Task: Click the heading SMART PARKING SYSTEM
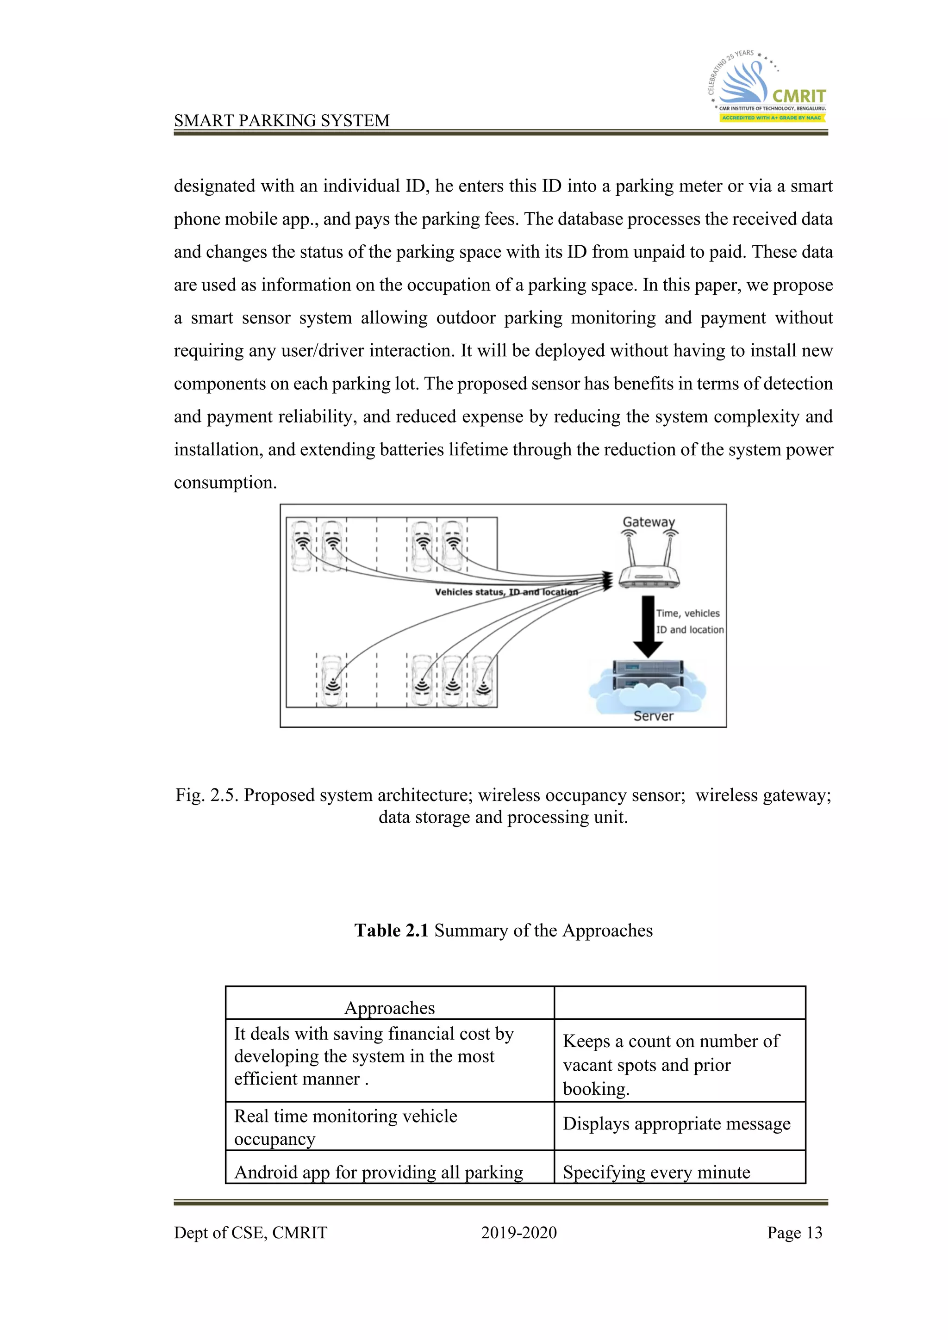(x=281, y=120)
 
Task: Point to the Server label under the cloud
(x=653, y=716)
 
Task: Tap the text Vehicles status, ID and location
(x=505, y=592)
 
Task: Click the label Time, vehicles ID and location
(x=689, y=621)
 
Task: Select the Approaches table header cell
(x=389, y=1008)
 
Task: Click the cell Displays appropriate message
(x=677, y=1123)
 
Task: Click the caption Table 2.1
(x=503, y=931)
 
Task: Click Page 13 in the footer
(x=794, y=1233)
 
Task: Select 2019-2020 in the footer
(x=518, y=1233)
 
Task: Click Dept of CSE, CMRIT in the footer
(x=250, y=1233)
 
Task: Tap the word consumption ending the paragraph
(x=225, y=483)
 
